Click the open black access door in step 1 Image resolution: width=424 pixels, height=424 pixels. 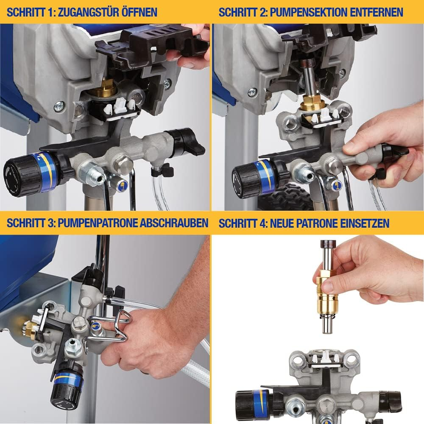[140, 45]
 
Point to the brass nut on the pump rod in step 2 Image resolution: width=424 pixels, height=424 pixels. [313, 103]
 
